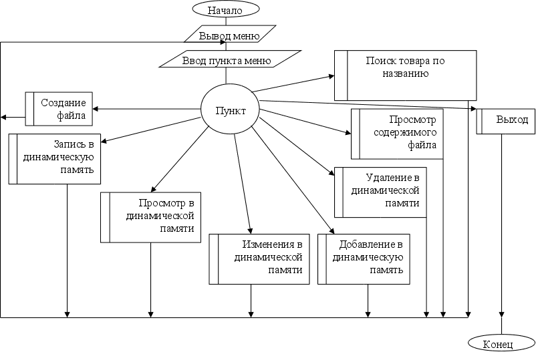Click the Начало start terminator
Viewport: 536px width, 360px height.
coord(225,9)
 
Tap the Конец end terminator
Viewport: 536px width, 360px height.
coord(501,344)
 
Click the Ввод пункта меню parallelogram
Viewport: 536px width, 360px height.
coord(226,60)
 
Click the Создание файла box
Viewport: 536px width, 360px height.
coord(59,109)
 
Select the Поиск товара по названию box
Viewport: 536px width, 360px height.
coord(405,74)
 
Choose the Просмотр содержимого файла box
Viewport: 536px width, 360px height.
coord(397,133)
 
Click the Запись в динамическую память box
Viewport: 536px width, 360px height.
coord(51,158)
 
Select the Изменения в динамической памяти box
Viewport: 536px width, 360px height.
coord(259,258)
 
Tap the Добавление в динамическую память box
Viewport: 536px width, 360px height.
coord(364,258)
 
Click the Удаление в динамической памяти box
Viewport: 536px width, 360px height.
coord(380,192)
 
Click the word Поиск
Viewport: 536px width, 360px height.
coord(380,61)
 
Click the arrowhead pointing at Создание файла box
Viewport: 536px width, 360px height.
coord(96,109)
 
